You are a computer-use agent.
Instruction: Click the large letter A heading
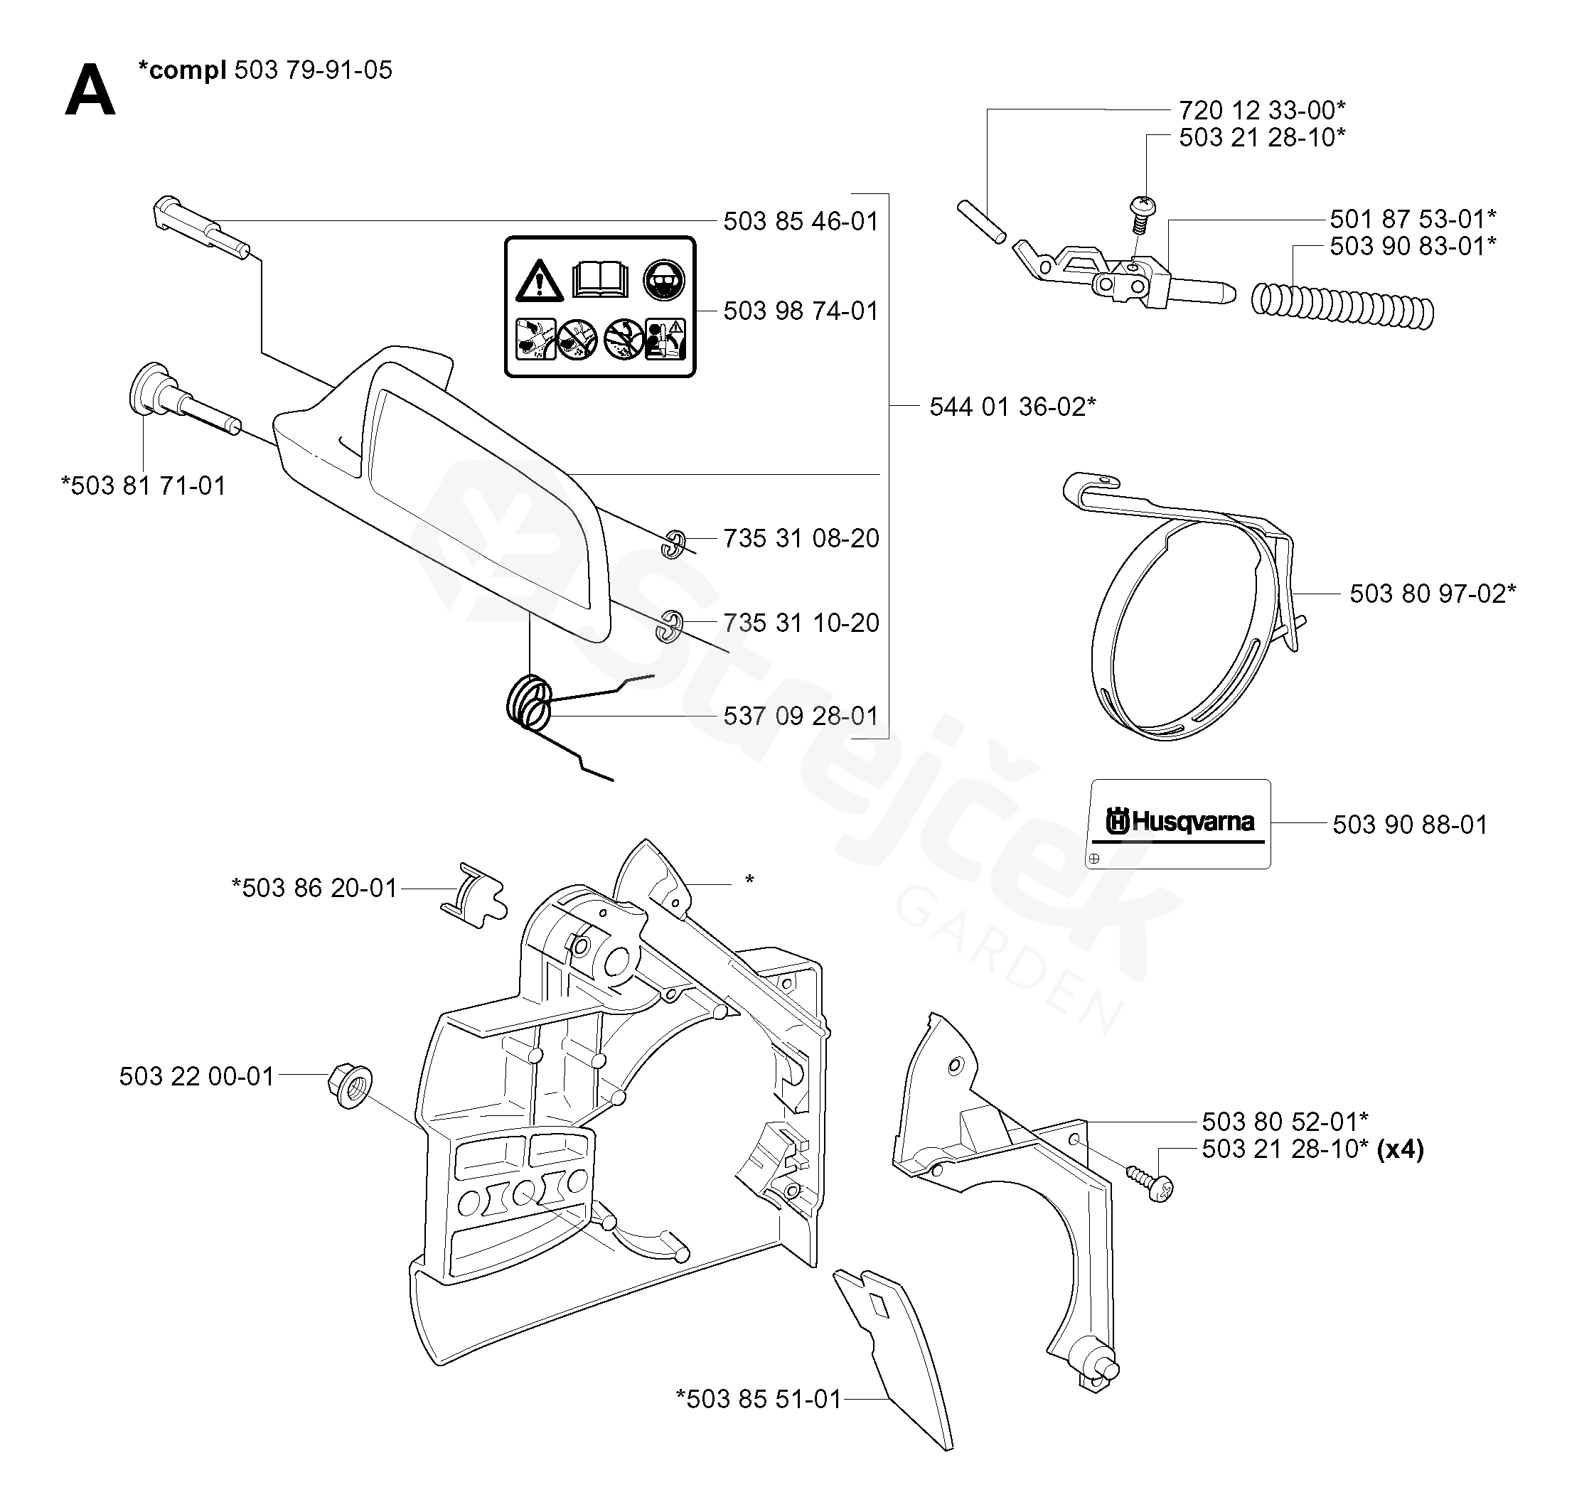pyautogui.click(x=90, y=92)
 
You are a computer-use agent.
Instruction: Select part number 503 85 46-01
pyautogui.click(x=801, y=221)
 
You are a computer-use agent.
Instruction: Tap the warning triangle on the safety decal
pyautogui.click(x=539, y=281)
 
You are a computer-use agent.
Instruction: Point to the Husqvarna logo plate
pyautogui.click(x=1179, y=823)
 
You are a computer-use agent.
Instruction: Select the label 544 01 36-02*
pyautogui.click(x=1012, y=407)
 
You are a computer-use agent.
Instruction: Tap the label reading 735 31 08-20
pyautogui.click(x=801, y=538)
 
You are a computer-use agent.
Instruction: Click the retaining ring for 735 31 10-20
pyautogui.click(x=670, y=627)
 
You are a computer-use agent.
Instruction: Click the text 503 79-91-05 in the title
pyautogui.click(x=313, y=70)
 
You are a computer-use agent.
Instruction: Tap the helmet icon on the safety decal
pyautogui.click(x=664, y=280)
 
